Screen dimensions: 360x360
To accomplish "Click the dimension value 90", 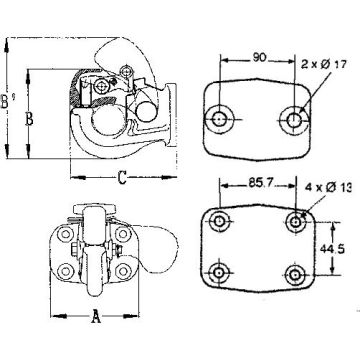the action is [x=259, y=58].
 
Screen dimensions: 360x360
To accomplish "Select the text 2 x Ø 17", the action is [x=324, y=64].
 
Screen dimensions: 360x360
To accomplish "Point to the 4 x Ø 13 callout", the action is [x=328, y=188].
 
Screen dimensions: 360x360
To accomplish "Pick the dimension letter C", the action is [x=122, y=177].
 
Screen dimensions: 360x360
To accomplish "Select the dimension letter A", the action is [x=96, y=316].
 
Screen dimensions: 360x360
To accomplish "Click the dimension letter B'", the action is [x=6, y=101].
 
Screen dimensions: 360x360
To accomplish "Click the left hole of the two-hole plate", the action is [x=219, y=119].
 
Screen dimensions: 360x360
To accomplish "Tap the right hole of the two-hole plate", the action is [x=294, y=120].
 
